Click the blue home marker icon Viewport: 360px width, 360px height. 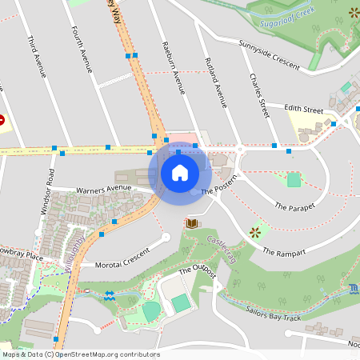click(180, 172)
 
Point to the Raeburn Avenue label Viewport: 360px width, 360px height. click(174, 67)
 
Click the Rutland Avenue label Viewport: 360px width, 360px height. click(216, 82)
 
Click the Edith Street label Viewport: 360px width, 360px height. click(303, 110)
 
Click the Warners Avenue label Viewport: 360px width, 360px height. click(103, 190)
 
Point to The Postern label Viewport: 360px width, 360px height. click(219, 188)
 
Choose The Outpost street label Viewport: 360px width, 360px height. click(198, 271)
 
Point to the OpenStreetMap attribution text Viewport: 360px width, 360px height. click(81, 354)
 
